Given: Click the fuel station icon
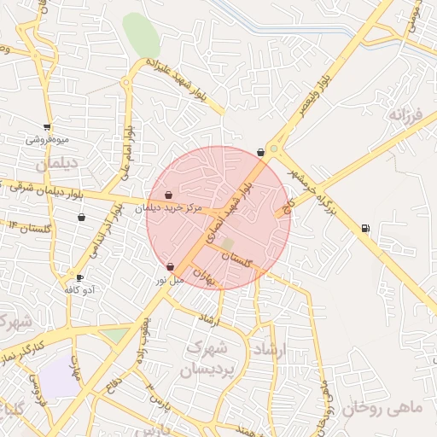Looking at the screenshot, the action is point(366,228).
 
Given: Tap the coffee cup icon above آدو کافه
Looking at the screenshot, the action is point(80,278).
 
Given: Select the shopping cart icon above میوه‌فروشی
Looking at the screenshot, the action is point(47,127).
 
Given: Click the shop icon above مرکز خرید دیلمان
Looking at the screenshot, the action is point(169,195).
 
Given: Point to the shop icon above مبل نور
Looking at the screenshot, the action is point(171,266).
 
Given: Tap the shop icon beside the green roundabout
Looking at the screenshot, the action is point(260,152).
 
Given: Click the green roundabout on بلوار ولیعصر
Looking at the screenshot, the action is point(274,149).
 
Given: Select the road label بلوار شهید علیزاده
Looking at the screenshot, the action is point(183,84).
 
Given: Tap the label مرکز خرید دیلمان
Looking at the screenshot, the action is point(169,207).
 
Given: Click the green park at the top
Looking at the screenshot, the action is point(141,34).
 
